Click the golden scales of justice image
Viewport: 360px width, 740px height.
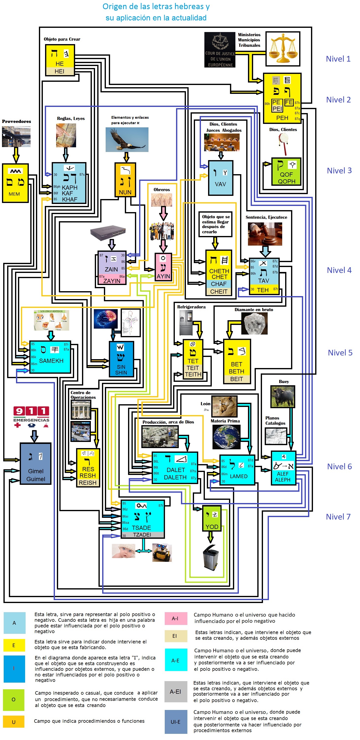pos(283,49)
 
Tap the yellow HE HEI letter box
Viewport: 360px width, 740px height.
pos(60,60)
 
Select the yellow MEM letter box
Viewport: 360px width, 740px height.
pos(15,183)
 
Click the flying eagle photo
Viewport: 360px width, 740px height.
pos(127,140)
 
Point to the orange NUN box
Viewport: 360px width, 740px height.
pos(125,180)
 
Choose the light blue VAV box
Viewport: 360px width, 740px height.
pos(220,178)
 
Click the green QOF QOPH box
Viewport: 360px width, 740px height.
pos(286,171)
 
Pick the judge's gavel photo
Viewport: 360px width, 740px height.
pos(265,234)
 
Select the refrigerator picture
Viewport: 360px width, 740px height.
pos(186,323)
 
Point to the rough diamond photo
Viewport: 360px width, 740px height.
pos(254,323)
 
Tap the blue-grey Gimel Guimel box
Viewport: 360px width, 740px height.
pos(36,463)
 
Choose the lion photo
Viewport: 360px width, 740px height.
pos(224,406)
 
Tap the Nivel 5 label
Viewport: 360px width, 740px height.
pos(340,353)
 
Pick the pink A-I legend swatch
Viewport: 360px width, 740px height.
pos(176,619)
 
